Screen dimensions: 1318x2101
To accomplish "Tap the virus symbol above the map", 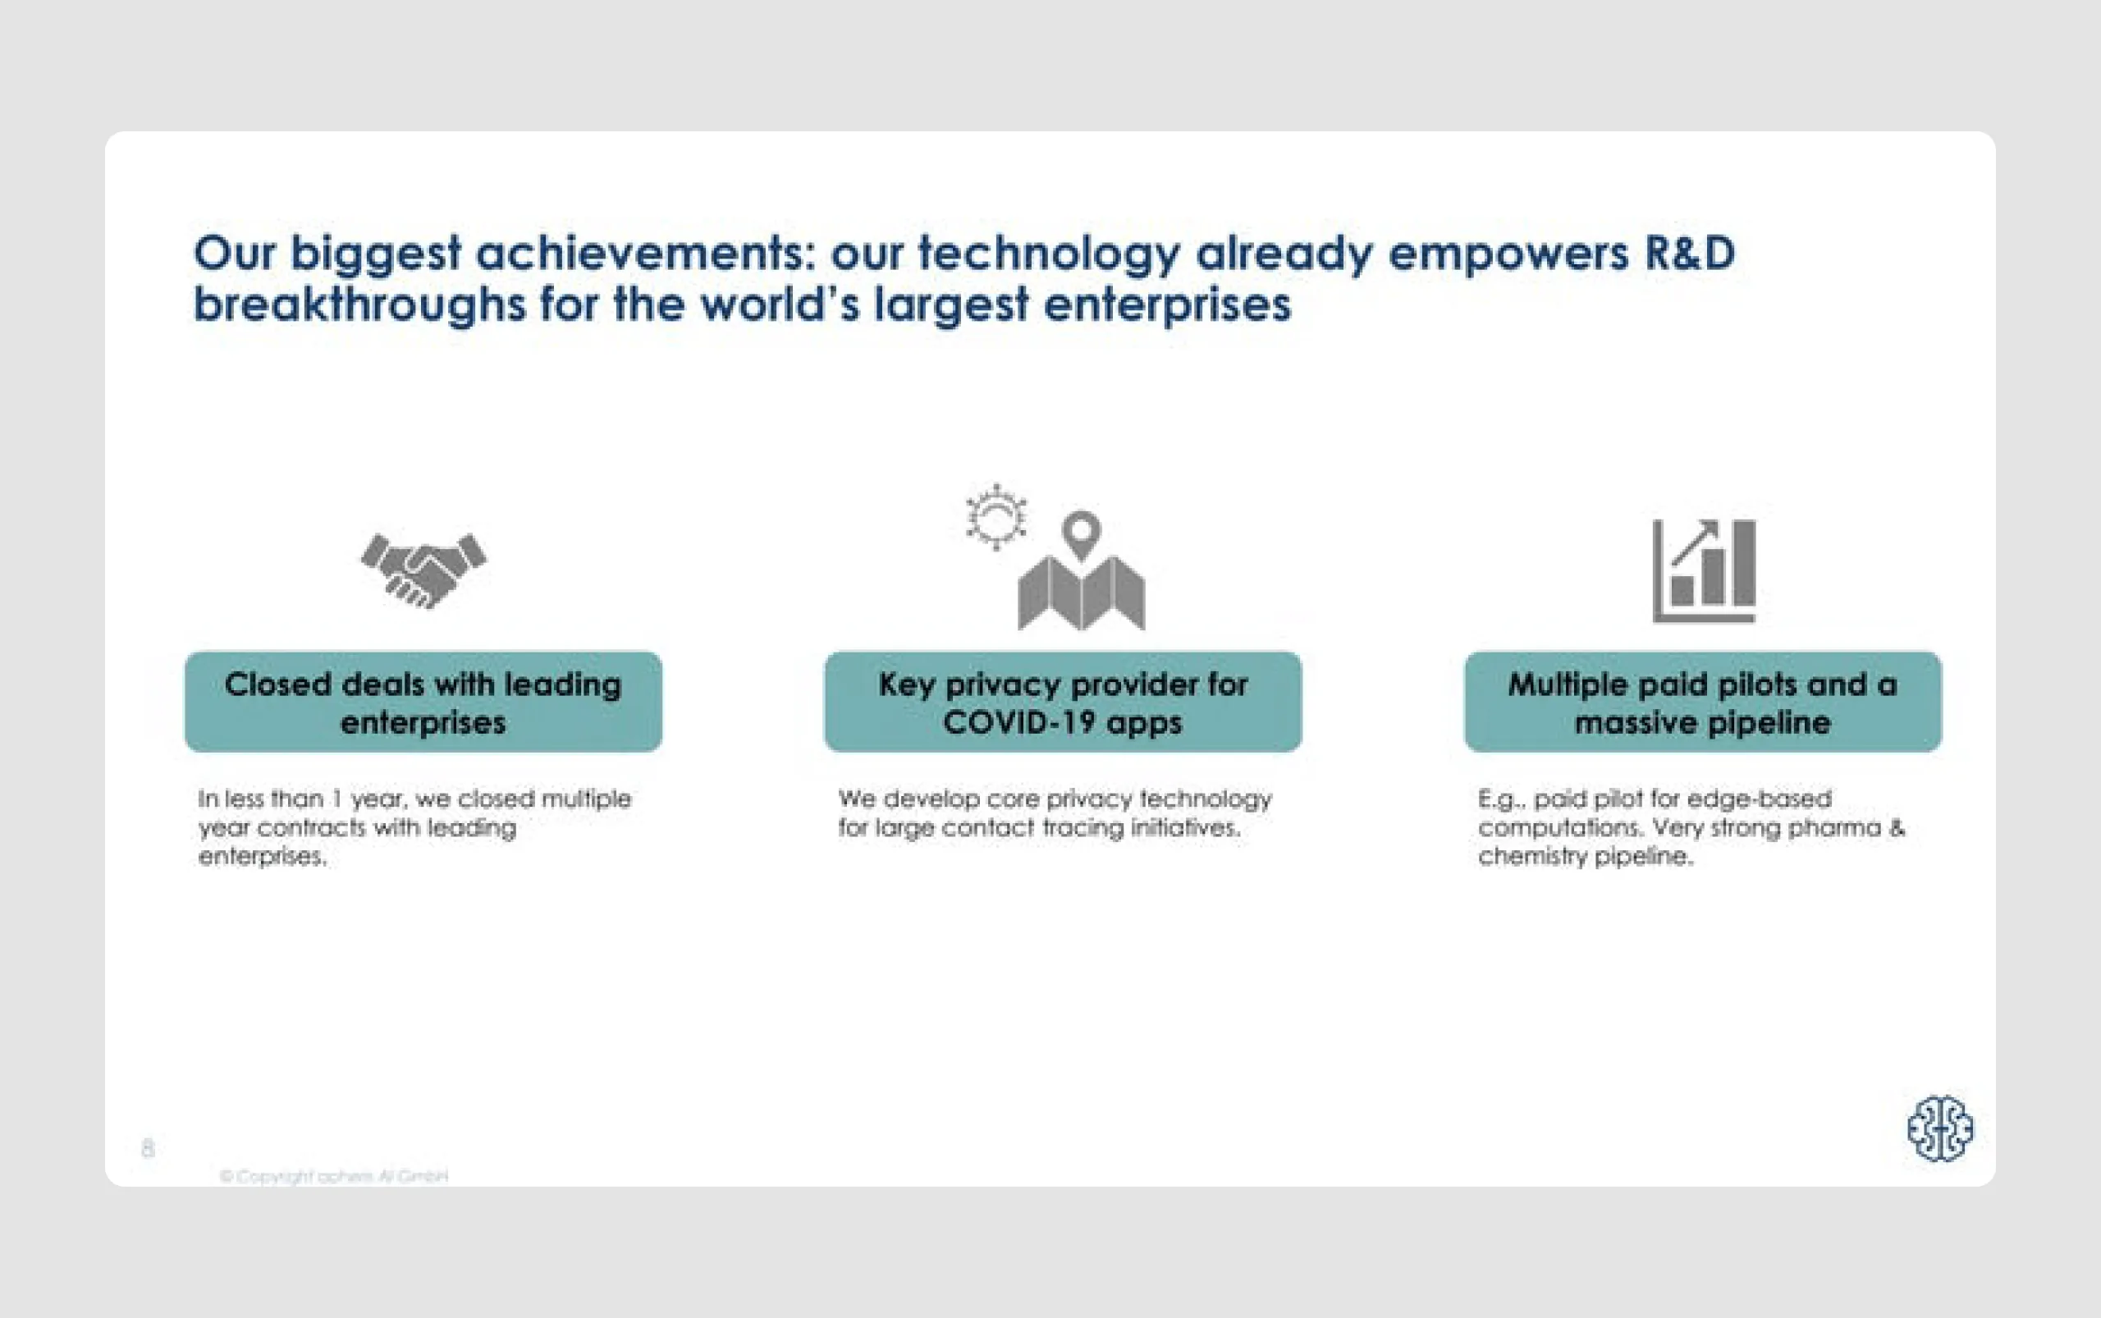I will (x=996, y=517).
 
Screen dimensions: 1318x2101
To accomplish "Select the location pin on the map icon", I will (x=1081, y=532).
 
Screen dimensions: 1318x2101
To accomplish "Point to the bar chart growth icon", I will (x=1704, y=571).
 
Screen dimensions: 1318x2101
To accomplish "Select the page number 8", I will (x=148, y=1147).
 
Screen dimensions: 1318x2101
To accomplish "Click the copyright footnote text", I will (x=334, y=1176).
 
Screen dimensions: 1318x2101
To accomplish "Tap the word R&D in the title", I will (x=1689, y=254).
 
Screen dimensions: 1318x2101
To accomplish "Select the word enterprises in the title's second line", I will (x=1166, y=305).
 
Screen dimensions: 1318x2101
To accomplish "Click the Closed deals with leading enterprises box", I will (x=423, y=702).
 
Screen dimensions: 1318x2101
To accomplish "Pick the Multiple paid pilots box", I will (x=1703, y=702).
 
